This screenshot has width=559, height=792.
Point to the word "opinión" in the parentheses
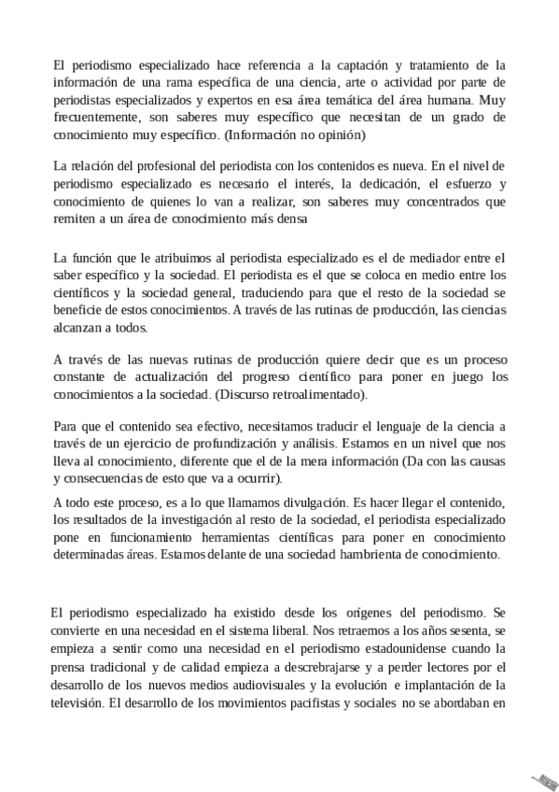pyautogui.click(x=338, y=135)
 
